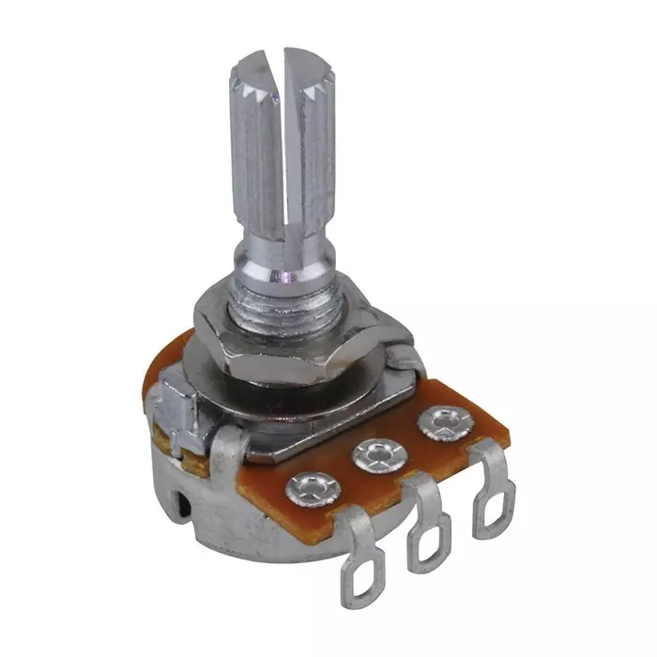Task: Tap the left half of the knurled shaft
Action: [253, 150]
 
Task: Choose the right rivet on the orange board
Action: [440, 422]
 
